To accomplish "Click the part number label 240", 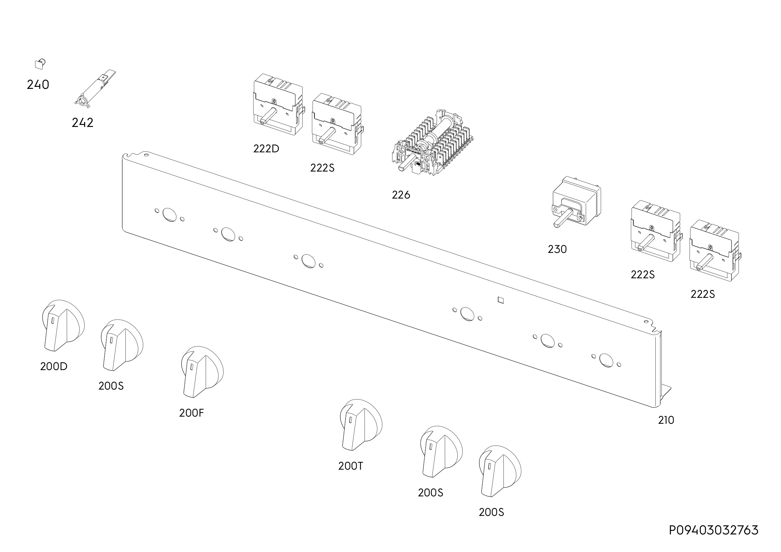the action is pos(38,84).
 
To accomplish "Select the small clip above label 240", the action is pos(40,64).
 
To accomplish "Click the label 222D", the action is pos(266,149).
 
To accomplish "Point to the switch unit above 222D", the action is pos(278,104).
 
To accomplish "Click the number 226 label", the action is pos(401,195).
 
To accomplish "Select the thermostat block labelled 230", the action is pos(576,201).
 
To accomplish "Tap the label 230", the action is pos(557,249).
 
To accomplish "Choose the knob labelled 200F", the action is pos(202,372).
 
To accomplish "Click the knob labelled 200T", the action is pos(361,425).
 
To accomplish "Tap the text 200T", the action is pos(350,466).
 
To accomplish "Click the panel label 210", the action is pos(666,421).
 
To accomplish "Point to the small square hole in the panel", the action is pos(500,300).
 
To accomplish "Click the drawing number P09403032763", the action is pos(713,531).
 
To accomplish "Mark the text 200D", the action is pos(53,366).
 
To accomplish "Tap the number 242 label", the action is pos(82,122).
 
